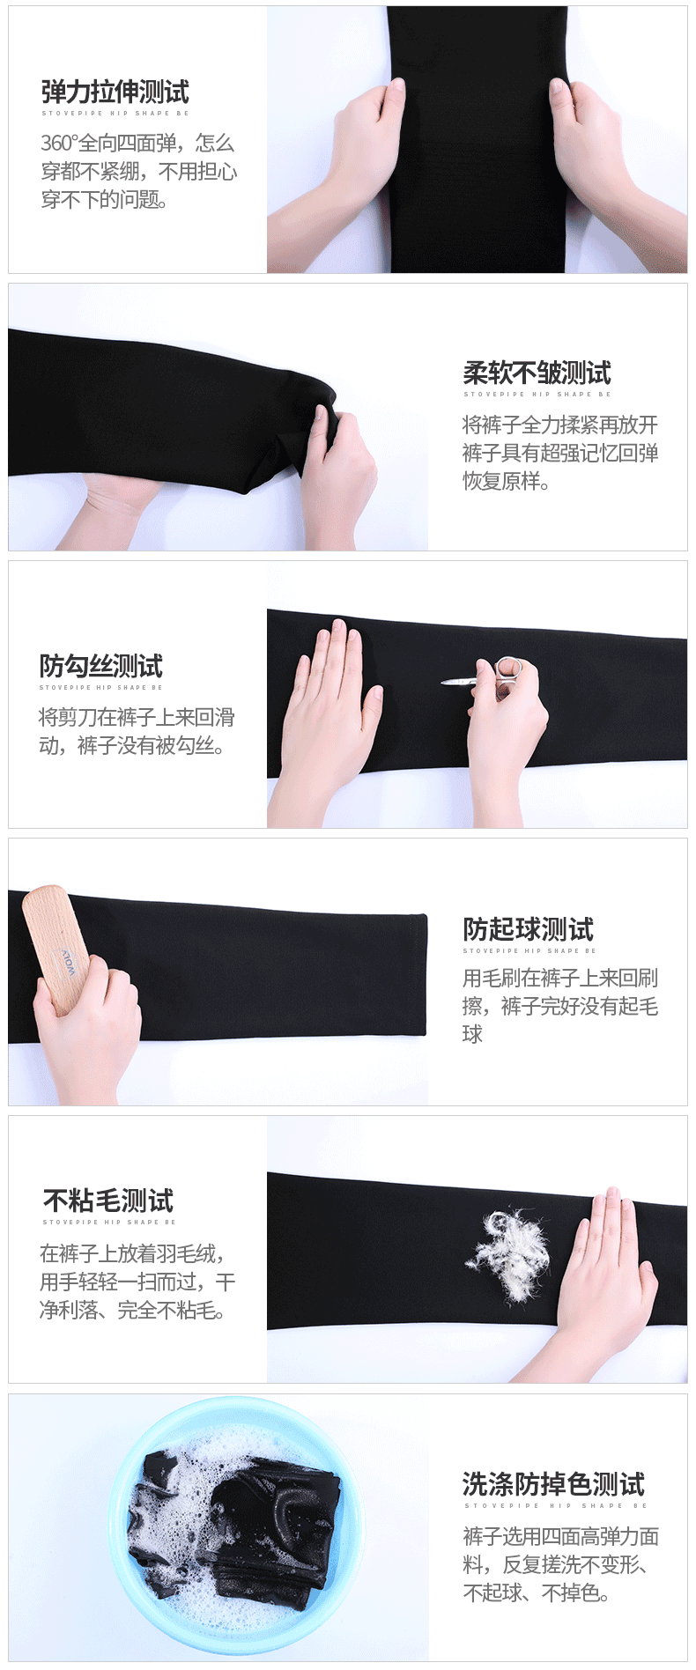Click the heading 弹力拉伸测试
tap(115, 92)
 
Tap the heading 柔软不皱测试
tap(537, 373)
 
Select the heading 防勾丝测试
tap(100, 666)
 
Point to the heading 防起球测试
tap(528, 929)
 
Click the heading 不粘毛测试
tap(108, 1201)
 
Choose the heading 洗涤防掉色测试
tap(553, 1484)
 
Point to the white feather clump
tap(507, 1253)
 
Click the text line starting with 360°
tap(138, 143)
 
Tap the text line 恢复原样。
tap(507, 481)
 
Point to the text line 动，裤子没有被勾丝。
tap(132, 746)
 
